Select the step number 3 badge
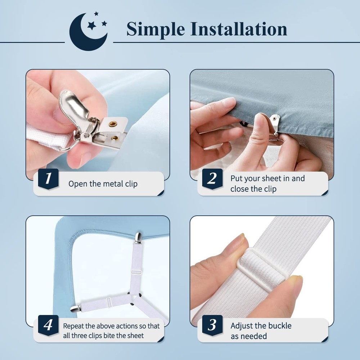pos(212,325)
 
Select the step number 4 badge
pos(48,325)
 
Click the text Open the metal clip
pos(103,184)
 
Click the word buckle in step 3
pos(278,326)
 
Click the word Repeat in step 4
pos(74,326)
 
